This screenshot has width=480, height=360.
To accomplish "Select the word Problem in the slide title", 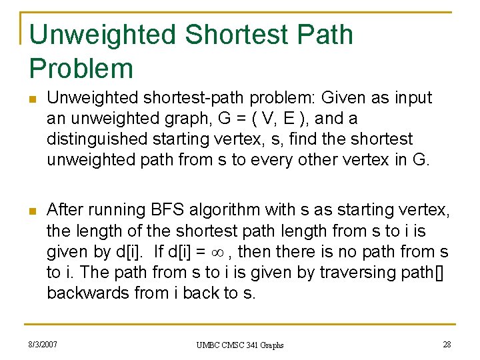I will [81, 68].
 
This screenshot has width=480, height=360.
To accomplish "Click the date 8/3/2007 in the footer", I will [43, 344].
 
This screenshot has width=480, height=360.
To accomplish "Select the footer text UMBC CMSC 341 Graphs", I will [240, 345].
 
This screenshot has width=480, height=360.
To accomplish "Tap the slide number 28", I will [446, 344].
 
